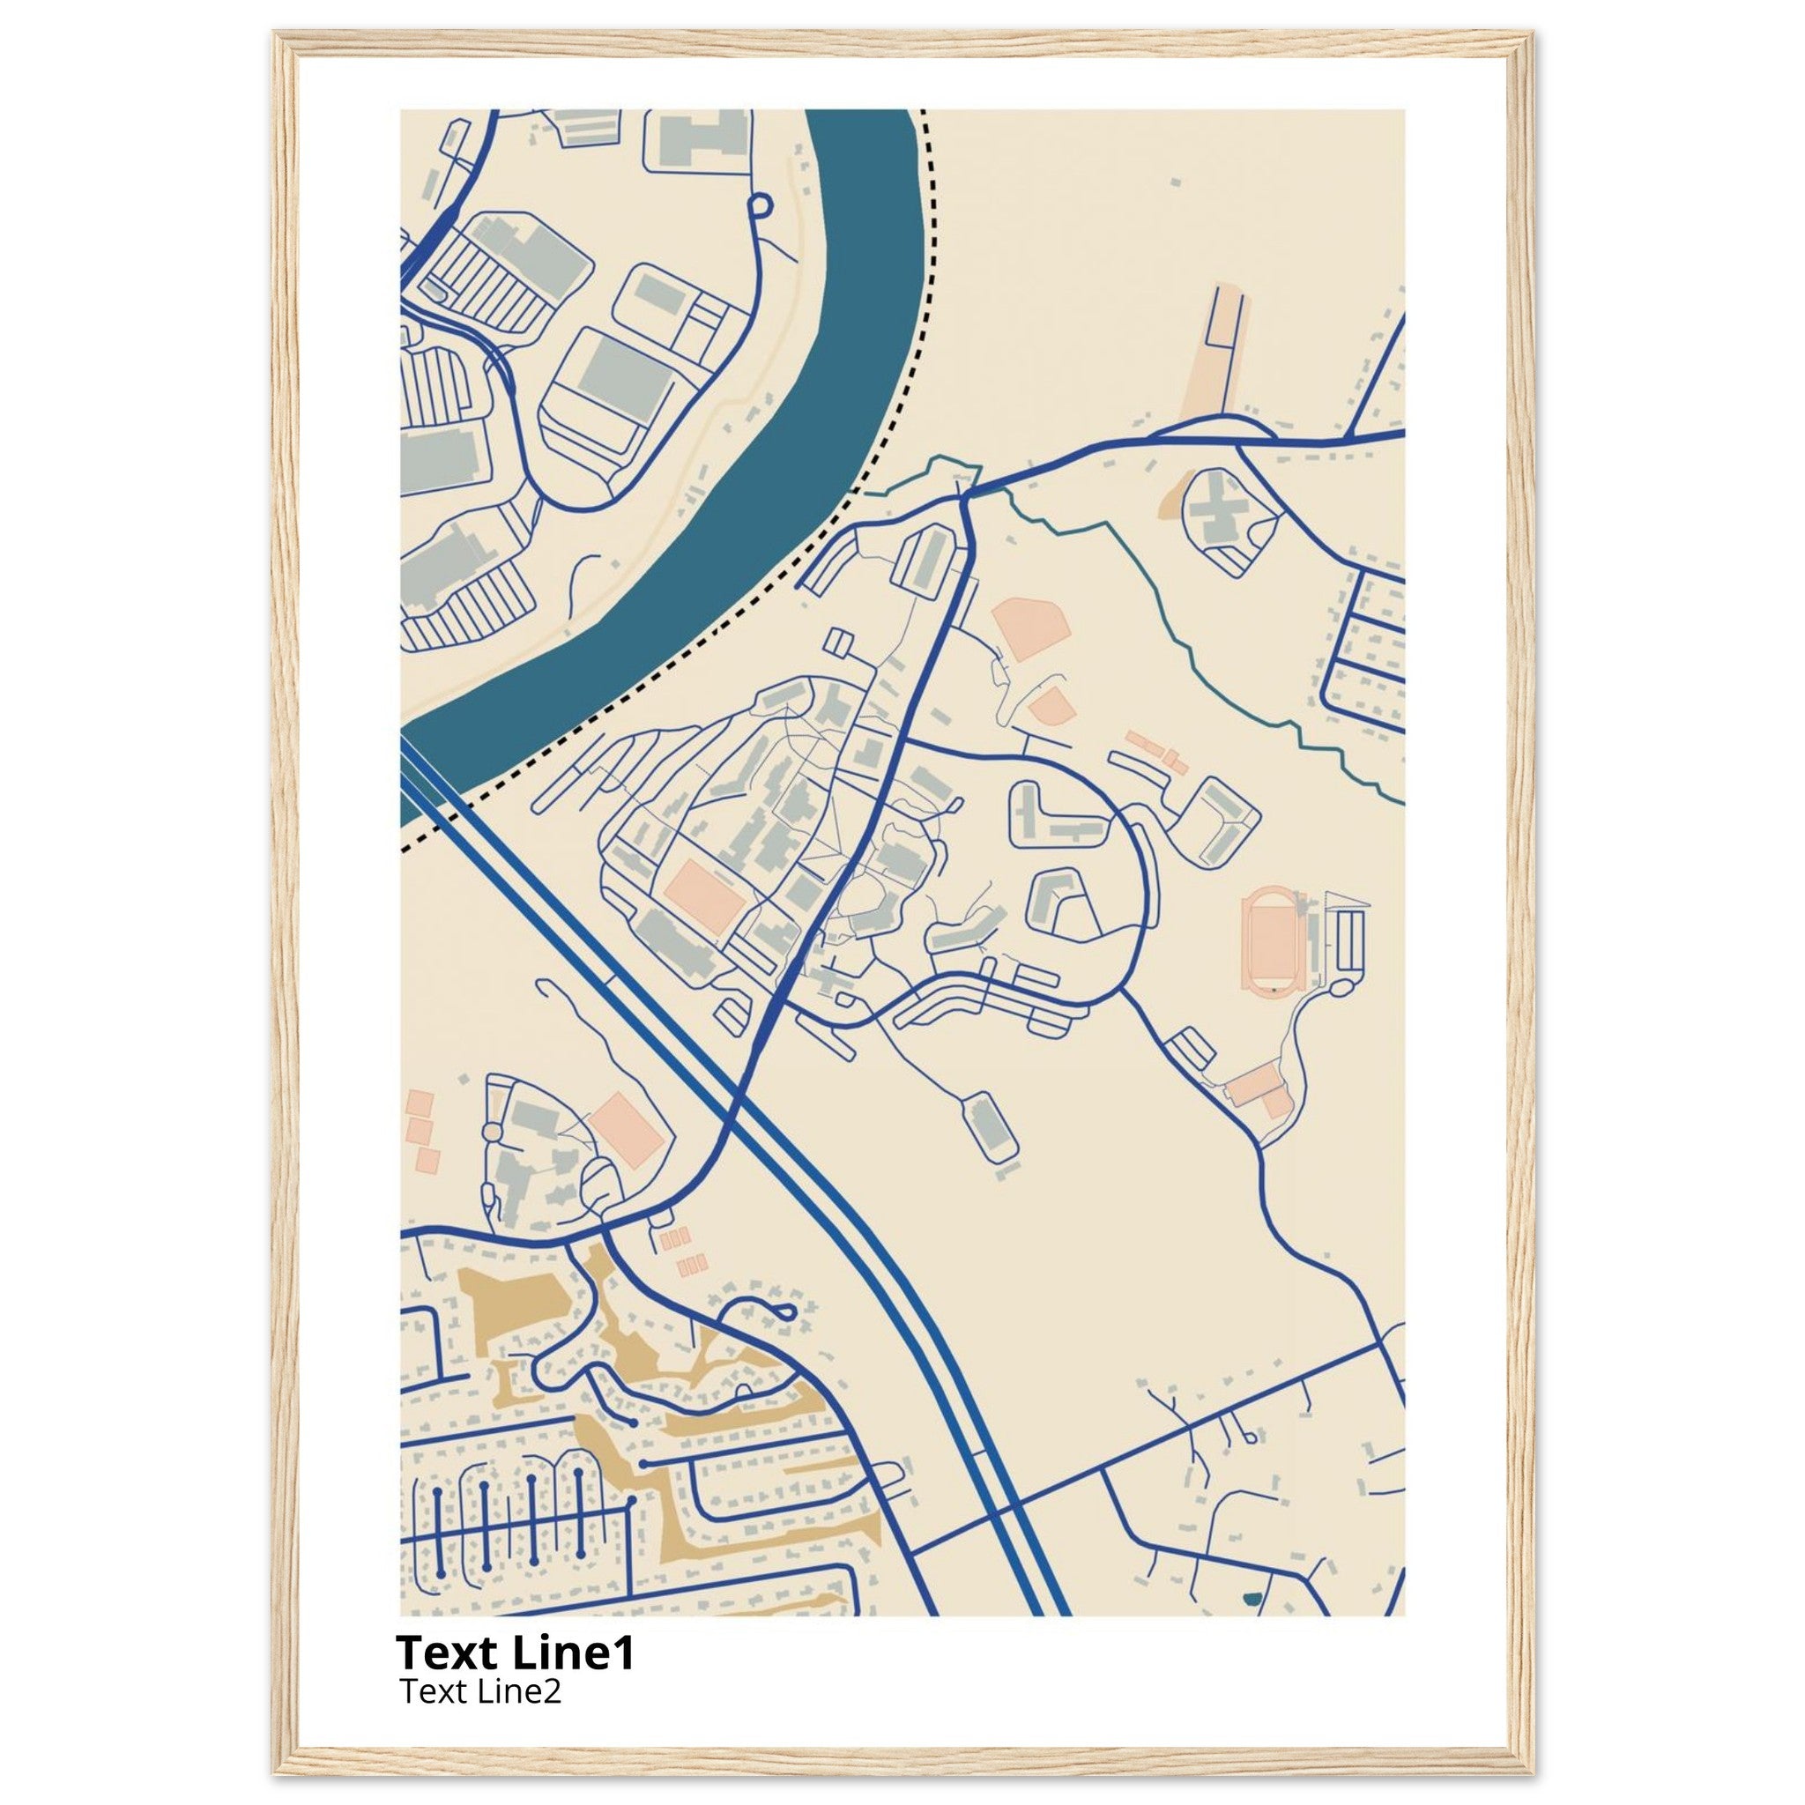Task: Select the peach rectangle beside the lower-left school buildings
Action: (x=626, y=1131)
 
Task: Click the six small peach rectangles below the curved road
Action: (x=682, y=1254)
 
